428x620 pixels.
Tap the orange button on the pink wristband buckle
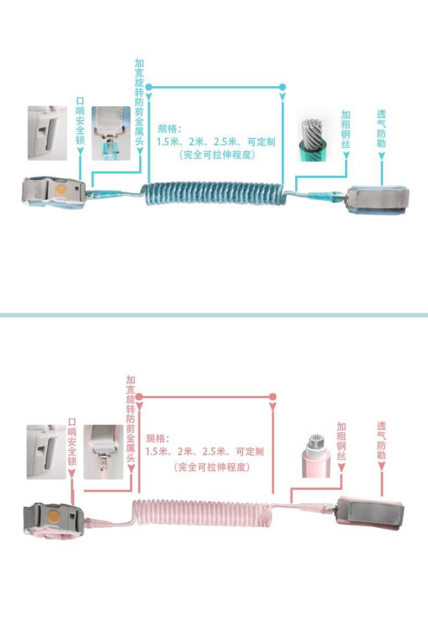click(54, 515)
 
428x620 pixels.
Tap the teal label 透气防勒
click(381, 129)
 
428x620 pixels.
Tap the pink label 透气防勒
click(381, 440)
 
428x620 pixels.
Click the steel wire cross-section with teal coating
click(314, 136)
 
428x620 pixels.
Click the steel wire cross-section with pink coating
click(316, 454)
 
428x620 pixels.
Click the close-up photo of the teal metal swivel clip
click(111, 133)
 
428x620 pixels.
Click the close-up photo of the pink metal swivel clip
click(103, 451)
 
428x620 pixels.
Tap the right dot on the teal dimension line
click(282, 87)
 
